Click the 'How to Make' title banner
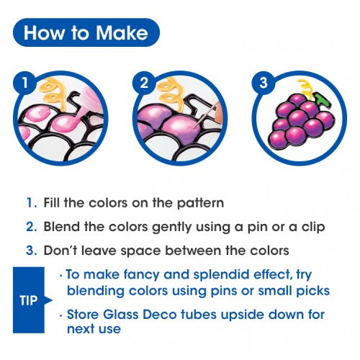[86, 32]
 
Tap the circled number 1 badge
[25, 83]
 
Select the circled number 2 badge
[144, 83]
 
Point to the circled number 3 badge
[264, 83]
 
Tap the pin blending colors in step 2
[207, 114]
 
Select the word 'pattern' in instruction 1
[200, 203]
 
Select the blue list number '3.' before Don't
[32, 251]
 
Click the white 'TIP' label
[29, 300]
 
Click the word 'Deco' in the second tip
[160, 315]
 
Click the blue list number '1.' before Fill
[32, 202]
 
